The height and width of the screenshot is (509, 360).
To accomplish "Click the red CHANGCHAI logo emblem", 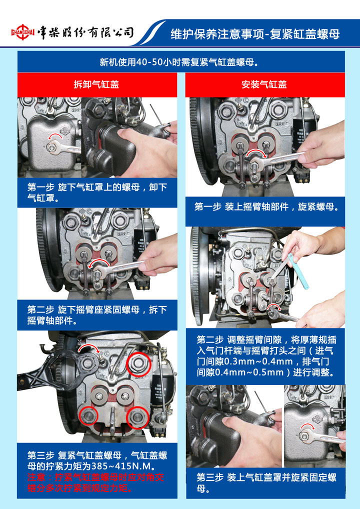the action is tap(22, 32).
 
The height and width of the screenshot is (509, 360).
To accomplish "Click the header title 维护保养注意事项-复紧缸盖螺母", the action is tap(255, 34).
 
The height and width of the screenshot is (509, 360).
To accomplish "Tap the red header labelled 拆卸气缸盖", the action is tap(97, 84).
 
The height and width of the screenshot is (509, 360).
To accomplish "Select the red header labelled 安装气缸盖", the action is tap(265, 84).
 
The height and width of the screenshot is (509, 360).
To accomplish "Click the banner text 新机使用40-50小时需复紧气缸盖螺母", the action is tap(180, 61).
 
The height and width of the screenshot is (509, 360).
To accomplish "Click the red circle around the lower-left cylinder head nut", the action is tap(88, 416).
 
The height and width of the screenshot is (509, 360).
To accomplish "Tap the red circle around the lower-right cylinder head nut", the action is tap(137, 417).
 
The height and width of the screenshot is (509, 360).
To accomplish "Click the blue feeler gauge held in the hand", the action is tap(297, 271).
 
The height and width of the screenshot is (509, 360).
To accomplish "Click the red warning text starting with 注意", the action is tap(96, 482).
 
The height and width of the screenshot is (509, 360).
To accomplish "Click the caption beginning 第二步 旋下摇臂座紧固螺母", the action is tap(97, 315).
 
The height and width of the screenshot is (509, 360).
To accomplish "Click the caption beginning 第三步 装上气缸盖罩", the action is tap(266, 482).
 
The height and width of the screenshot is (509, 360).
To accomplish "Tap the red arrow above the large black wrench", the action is tap(89, 348).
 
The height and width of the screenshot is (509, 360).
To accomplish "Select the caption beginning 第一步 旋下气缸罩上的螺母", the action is tap(97, 192).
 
